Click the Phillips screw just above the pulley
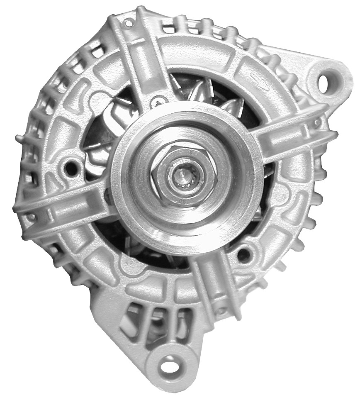[x=160, y=100]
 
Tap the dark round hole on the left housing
[x=72, y=168]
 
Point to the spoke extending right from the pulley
[x=294, y=137]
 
